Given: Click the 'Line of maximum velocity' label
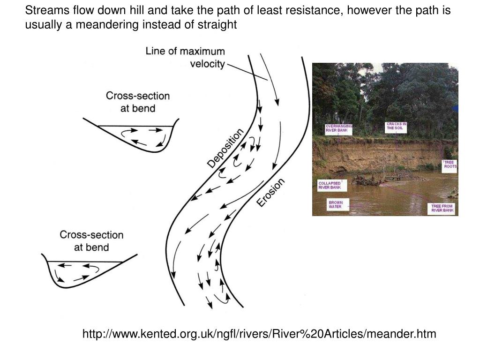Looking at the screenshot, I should coord(185,57).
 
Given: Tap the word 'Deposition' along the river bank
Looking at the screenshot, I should coord(225,148).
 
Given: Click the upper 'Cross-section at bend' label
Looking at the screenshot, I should coord(137,102).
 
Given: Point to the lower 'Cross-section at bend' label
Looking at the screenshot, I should coord(91,240).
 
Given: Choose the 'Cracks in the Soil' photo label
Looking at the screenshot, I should coord(396,126).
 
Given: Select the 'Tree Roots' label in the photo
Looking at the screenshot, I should coord(450,164).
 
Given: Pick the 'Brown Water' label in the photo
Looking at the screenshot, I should coord(336,205).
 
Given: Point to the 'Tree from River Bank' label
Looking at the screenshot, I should coord(443,209).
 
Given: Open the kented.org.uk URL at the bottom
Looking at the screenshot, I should coord(259,334).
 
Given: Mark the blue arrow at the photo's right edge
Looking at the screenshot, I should coord(456,109).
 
